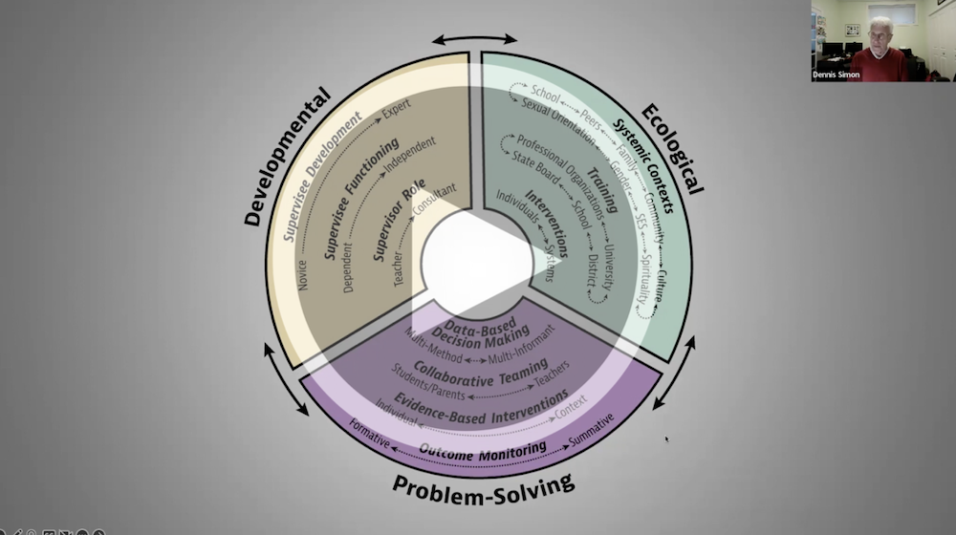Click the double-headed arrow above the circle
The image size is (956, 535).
pos(473,39)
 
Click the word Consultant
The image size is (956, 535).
pos(433,202)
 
